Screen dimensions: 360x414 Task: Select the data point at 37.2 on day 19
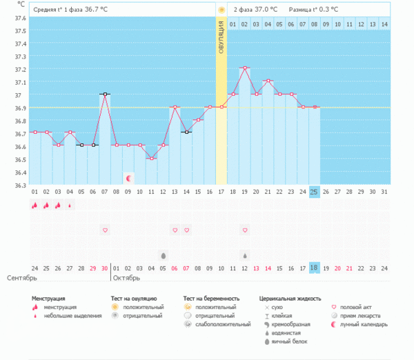tap(244, 68)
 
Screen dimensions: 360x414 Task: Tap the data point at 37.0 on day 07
tap(104, 94)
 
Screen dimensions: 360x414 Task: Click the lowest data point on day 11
tap(151, 158)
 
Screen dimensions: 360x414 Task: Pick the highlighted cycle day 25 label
tap(314, 191)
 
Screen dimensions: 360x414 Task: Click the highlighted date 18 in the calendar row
tap(314, 268)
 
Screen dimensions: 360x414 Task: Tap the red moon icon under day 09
tap(128, 179)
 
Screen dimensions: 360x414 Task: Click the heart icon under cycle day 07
tap(104, 230)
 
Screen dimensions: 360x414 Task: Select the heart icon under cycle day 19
tap(244, 230)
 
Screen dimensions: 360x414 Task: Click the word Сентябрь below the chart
tap(21, 279)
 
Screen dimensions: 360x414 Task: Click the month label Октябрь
tap(126, 279)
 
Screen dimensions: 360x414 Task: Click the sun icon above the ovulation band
tap(221, 10)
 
